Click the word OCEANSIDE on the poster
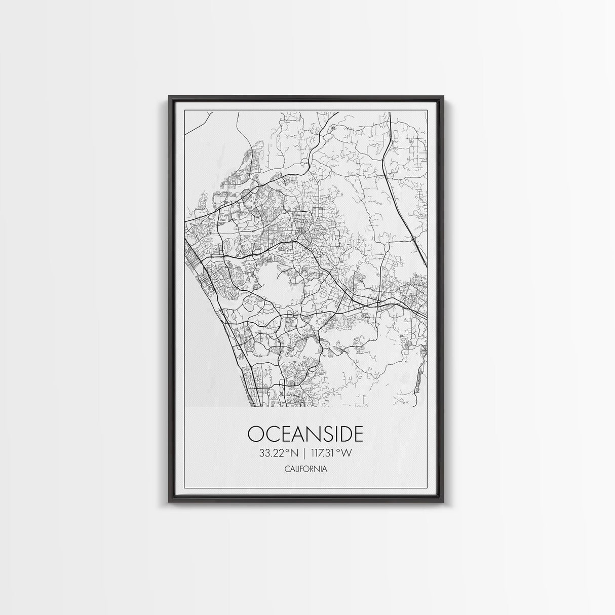click(x=305, y=435)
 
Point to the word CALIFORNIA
click(x=305, y=469)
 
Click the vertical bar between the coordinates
click(x=305, y=453)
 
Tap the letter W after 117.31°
click(x=347, y=453)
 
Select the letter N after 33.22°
click(x=295, y=453)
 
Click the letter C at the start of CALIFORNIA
click(x=286, y=469)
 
